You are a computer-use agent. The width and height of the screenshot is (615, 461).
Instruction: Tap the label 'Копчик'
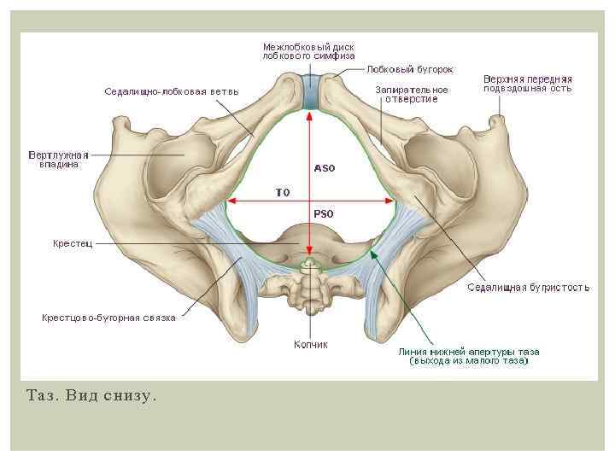(x=310, y=345)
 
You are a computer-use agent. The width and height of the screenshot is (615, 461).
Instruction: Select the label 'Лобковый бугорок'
(x=410, y=69)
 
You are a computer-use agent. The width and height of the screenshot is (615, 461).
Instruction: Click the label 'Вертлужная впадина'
(x=59, y=160)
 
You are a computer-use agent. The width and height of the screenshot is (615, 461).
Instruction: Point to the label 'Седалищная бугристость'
(x=528, y=288)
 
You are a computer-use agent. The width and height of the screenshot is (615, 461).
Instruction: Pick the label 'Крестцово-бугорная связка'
(x=109, y=318)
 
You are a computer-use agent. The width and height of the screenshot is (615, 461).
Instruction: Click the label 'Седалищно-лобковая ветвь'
(x=172, y=91)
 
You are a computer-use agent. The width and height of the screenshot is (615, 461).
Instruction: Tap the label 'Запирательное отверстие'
(x=412, y=94)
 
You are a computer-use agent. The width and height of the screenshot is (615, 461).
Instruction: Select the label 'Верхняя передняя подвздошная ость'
(x=527, y=83)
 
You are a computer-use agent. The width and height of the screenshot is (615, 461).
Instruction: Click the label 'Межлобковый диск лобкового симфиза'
(x=308, y=50)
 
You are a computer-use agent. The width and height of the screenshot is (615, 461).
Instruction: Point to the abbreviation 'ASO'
(x=325, y=168)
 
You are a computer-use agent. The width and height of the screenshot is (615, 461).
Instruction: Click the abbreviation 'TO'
(x=282, y=193)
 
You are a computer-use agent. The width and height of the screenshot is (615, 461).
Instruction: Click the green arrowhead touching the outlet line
(x=372, y=252)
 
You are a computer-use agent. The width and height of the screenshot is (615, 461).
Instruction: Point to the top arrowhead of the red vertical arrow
(x=308, y=114)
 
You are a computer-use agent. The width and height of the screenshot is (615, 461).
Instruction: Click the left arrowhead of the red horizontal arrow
(x=229, y=202)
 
